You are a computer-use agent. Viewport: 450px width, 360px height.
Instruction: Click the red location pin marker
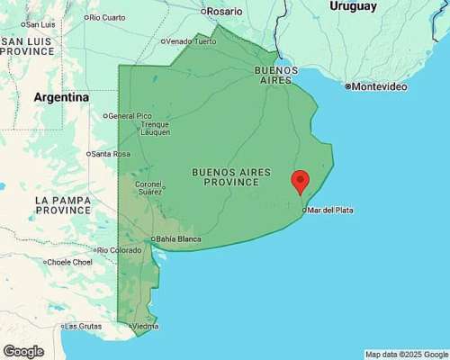click(x=301, y=180)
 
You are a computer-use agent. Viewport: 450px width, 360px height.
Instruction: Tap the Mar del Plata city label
click(x=329, y=210)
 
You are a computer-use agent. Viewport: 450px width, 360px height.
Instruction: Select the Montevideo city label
click(x=377, y=86)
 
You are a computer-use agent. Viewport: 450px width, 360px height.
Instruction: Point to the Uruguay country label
click(x=352, y=6)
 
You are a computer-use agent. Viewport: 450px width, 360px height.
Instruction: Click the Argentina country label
click(x=61, y=97)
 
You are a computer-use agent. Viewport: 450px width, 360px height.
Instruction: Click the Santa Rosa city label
click(x=110, y=154)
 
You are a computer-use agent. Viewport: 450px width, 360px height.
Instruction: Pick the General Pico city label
click(x=130, y=116)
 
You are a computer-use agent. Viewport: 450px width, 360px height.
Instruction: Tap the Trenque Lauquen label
click(x=155, y=129)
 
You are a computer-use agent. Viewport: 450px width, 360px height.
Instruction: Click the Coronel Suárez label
click(x=149, y=188)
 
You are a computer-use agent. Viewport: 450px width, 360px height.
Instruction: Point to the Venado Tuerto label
click(x=192, y=41)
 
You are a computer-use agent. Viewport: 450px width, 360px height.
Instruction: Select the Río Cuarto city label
click(x=106, y=17)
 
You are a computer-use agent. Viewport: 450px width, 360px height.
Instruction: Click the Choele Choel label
click(x=69, y=262)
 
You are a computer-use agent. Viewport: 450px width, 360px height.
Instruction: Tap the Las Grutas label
click(x=82, y=326)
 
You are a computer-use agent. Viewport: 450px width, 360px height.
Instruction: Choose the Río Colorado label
click(x=120, y=250)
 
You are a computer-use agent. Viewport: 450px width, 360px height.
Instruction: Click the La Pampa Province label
click(x=62, y=204)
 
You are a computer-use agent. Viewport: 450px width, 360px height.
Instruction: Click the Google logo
click(x=23, y=351)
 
